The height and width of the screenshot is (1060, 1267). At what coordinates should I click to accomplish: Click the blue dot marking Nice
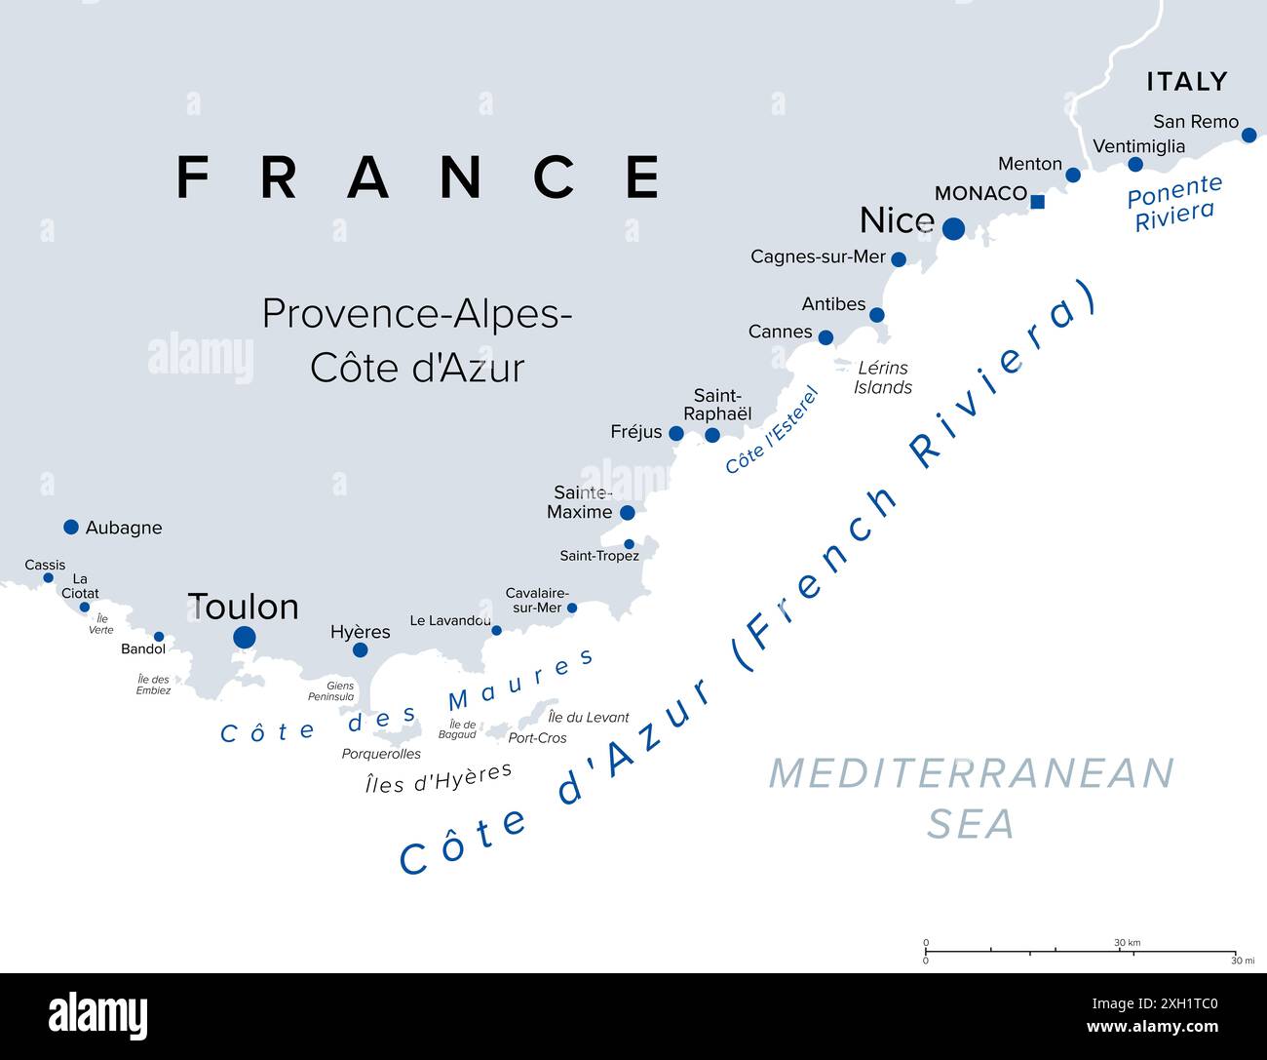point(953,228)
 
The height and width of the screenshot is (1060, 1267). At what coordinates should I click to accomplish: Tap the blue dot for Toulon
point(245,637)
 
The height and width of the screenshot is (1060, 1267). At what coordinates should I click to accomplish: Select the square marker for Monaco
point(1038,202)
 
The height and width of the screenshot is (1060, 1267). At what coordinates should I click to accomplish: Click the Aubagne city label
point(124,528)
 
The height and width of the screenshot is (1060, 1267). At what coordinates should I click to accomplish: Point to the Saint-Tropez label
point(599,556)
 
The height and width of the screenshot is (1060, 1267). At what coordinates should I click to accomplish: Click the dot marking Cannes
point(825,337)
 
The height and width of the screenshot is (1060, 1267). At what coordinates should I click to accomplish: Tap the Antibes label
point(833,304)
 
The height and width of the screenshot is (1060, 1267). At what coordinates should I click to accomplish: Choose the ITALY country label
point(1186,81)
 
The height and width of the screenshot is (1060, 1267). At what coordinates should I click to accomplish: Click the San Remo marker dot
point(1248,135)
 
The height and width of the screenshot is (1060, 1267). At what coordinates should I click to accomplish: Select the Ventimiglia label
point(1138,146)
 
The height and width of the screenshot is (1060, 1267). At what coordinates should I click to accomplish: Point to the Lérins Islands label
point(883,377)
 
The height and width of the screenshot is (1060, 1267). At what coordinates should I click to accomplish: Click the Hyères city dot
point(360,649)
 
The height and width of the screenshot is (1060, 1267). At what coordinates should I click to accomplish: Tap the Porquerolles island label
point(381,754)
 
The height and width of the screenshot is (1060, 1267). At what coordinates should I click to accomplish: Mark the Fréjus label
point(635,431)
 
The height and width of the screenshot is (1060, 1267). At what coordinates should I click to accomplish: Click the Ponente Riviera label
point(1173,203)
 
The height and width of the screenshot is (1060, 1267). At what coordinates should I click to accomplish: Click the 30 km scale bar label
point(1127,943)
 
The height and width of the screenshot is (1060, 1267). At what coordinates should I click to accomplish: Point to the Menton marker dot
point(1073,175)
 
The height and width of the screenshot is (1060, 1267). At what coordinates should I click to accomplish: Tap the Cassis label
point(45,565)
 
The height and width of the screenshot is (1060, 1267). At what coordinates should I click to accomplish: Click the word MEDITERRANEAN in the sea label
point(971,773)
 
